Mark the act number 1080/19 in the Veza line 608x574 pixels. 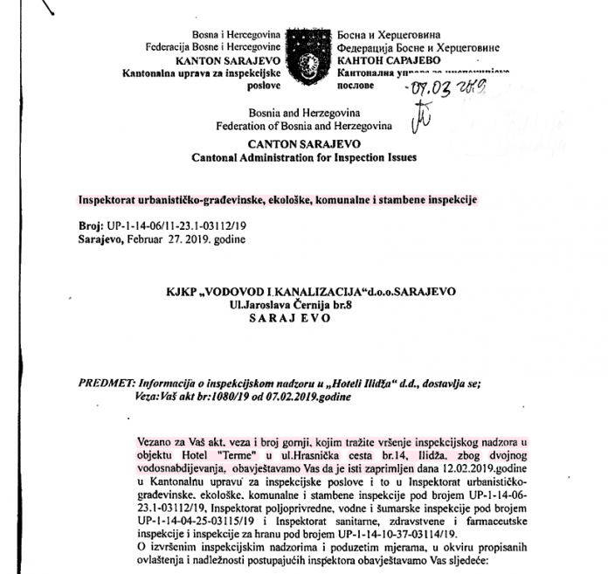213,396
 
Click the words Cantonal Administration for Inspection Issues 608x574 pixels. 304,158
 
